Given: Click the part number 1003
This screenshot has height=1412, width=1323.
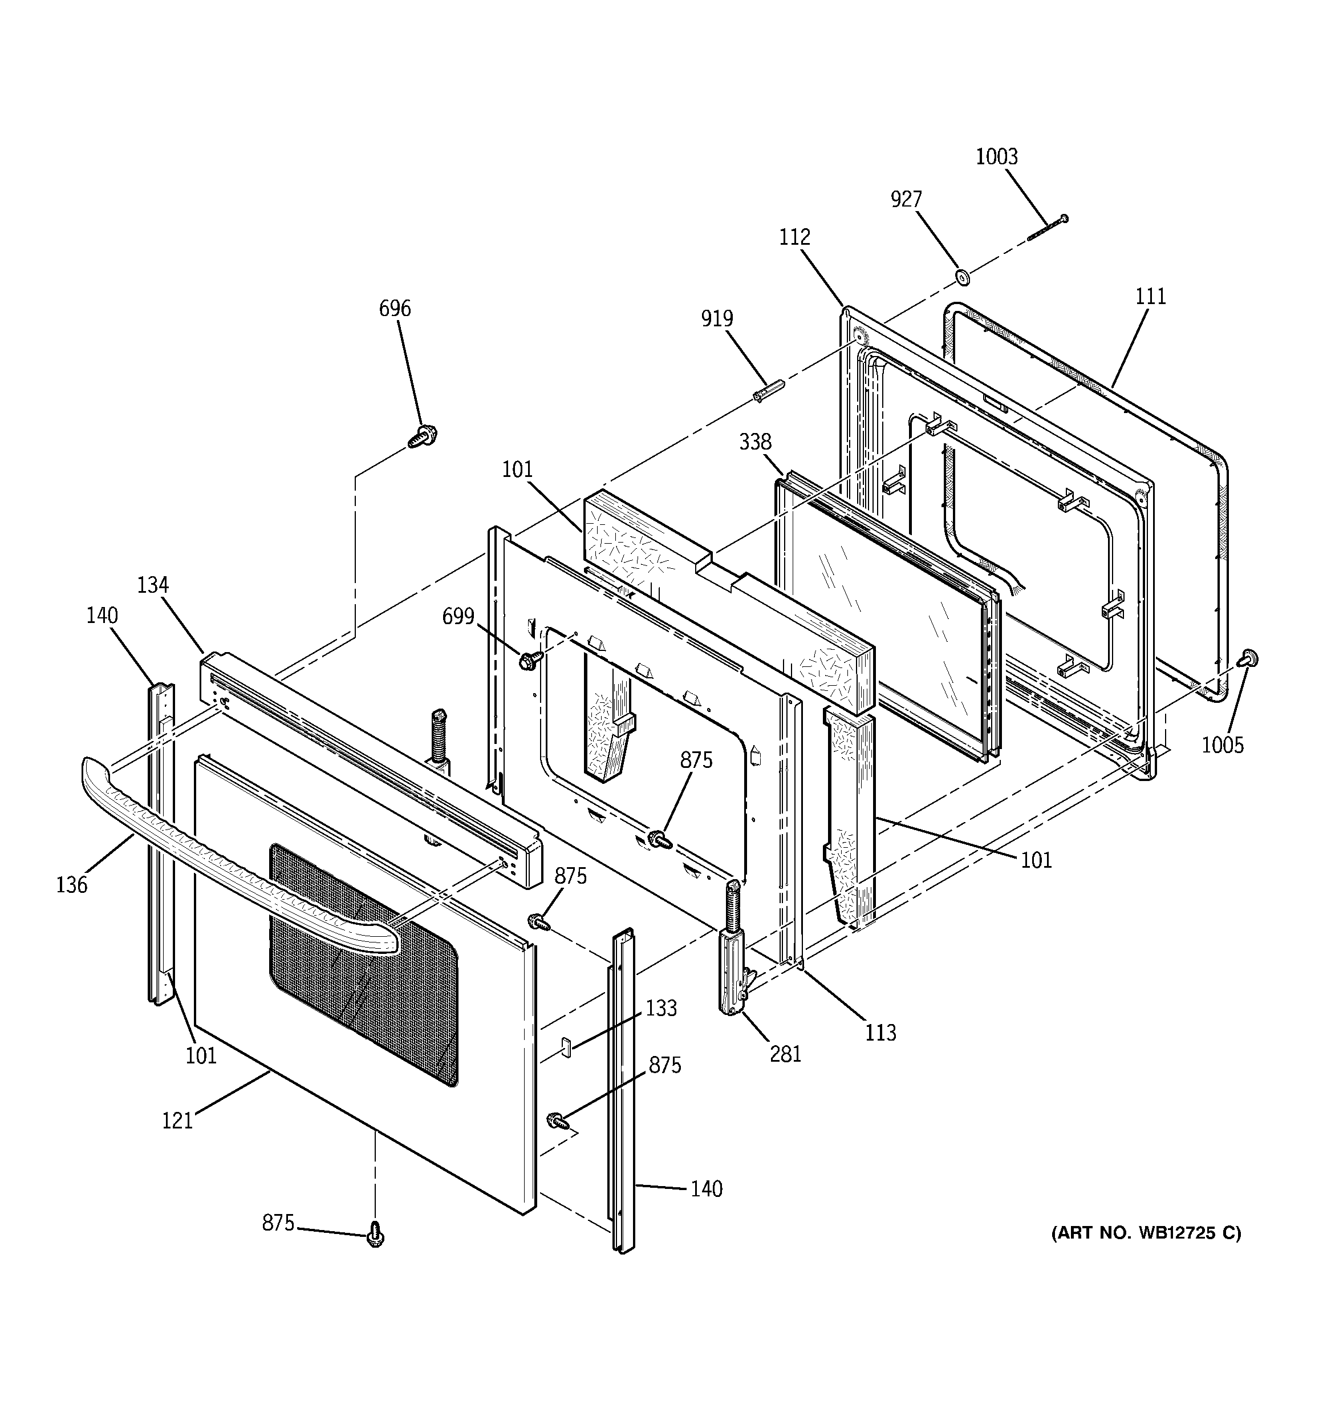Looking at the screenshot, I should [x=996, y=157].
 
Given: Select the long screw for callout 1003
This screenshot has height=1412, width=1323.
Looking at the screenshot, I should [x=1048, y=229].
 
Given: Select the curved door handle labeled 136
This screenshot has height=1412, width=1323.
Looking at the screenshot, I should [x=234, y=867].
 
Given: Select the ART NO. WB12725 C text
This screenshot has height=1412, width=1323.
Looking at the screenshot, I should [x=1146, y=1233].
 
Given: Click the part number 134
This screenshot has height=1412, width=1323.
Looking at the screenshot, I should [x=153, y=585].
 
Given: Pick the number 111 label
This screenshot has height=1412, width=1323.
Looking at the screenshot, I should [x=1150, y=296].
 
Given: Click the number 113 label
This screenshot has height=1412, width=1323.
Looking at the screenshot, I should [x=880, y=1033].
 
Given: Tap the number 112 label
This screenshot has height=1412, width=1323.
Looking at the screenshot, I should [x=794, y=237].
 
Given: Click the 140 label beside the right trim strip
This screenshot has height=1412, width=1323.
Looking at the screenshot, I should [x=706, y=1189].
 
